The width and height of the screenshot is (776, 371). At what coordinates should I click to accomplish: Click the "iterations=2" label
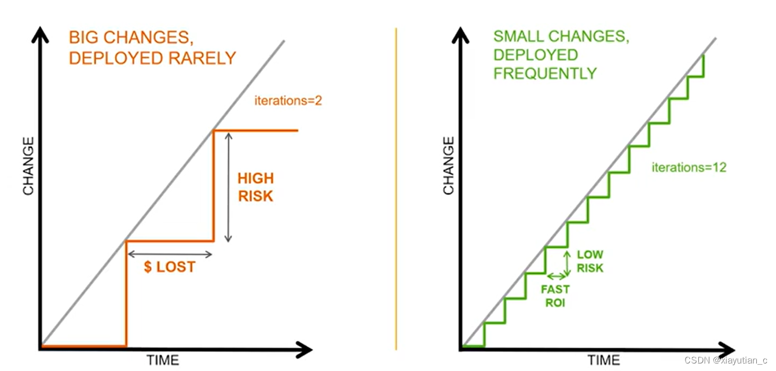(288, 101)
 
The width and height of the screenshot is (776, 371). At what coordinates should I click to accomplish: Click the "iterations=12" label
(689, 168)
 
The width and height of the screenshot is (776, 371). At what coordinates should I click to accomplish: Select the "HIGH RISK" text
(255, 187)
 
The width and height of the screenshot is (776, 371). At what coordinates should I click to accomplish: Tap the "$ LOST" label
(170, 267)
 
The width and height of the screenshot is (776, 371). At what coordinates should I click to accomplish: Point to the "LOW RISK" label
(590, 261)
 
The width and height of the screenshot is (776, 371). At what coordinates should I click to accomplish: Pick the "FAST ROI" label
(555, 295)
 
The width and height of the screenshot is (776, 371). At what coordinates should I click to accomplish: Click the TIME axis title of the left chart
(162, 360)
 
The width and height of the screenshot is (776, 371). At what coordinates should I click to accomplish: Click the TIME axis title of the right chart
(603, 360)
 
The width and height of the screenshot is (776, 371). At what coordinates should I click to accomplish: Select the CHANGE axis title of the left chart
(28, 166)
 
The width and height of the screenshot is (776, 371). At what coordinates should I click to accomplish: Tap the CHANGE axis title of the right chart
(449, 166)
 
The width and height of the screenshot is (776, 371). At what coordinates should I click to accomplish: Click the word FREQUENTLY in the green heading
(545, 74)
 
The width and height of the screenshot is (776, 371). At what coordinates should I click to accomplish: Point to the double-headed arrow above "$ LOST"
(170, 254)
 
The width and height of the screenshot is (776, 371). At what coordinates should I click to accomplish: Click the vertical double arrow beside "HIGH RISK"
(228, 187)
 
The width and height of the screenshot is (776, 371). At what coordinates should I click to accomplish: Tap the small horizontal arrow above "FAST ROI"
(556, 276)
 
